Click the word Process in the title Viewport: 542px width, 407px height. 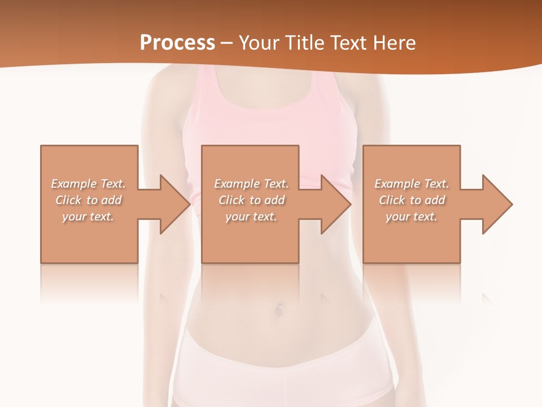[177, 43]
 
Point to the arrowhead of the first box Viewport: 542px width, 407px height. [175, 204]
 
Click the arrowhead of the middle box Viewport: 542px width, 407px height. [336, 204]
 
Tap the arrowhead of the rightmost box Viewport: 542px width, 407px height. [497, 204]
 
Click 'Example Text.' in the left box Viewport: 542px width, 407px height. [88, 184]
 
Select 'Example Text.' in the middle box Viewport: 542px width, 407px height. [251, 184]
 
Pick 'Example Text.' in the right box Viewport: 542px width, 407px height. [412, 184]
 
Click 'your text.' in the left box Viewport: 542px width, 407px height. [88, 217]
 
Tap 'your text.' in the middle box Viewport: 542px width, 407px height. [251, 217]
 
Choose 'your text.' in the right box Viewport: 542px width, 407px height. [412, 217]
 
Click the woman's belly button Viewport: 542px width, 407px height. [279, 309]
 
